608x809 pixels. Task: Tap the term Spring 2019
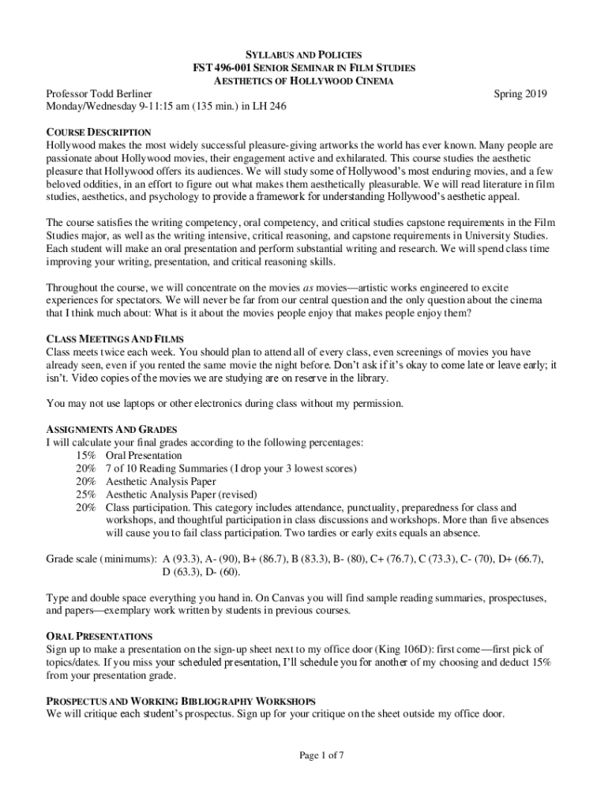click(x=520, y=94)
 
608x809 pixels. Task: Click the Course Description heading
click(x=99, y=132)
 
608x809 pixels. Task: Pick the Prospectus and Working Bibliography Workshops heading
click(x=181, y=701)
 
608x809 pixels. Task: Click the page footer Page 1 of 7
click(x=321, y=755)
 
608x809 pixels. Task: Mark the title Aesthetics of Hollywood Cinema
click(x=303, y=81)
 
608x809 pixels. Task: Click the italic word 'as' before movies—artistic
click(x=310, y=288)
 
